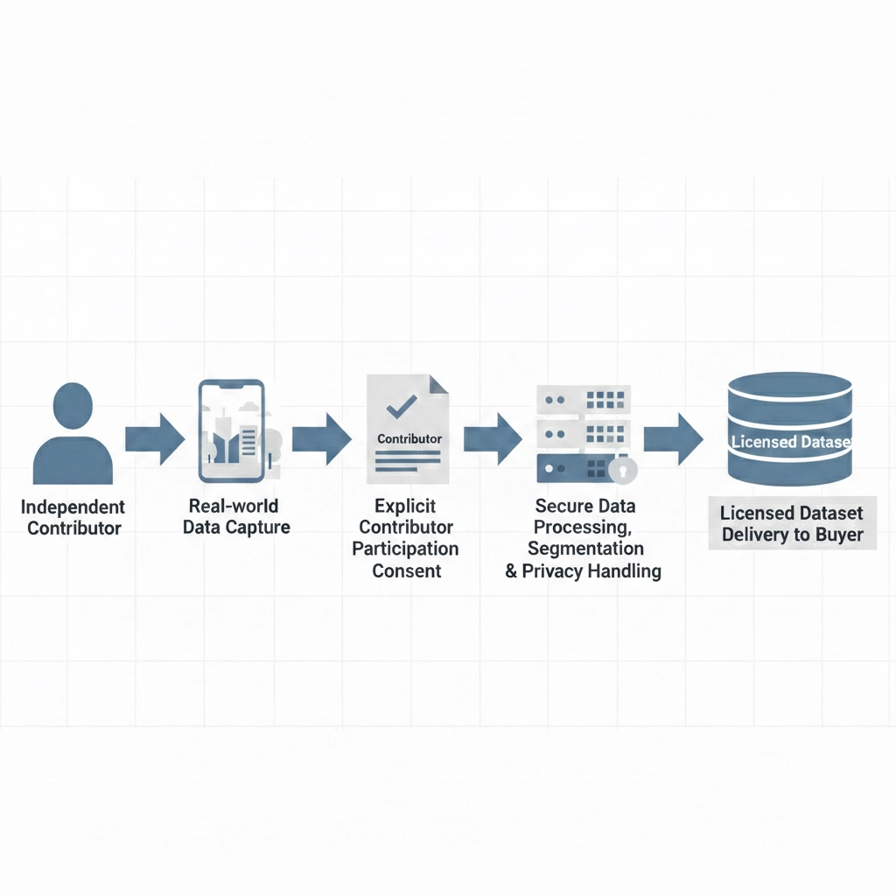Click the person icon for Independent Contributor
click(x=73, y=436)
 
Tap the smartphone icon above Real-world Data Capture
click(x=232, y=430)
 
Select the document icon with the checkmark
click(x=407, y=429)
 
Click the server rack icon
click(x=583, y=433)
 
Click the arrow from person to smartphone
click(x=154, y=438)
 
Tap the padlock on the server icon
click(x=622, y=469)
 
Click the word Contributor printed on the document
click(x=409, y=438)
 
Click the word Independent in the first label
click(x=73, y=507)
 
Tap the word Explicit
click(x=405, y=507)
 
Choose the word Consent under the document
click(x=405, y=570)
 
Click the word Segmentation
click(x=585, y=549)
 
